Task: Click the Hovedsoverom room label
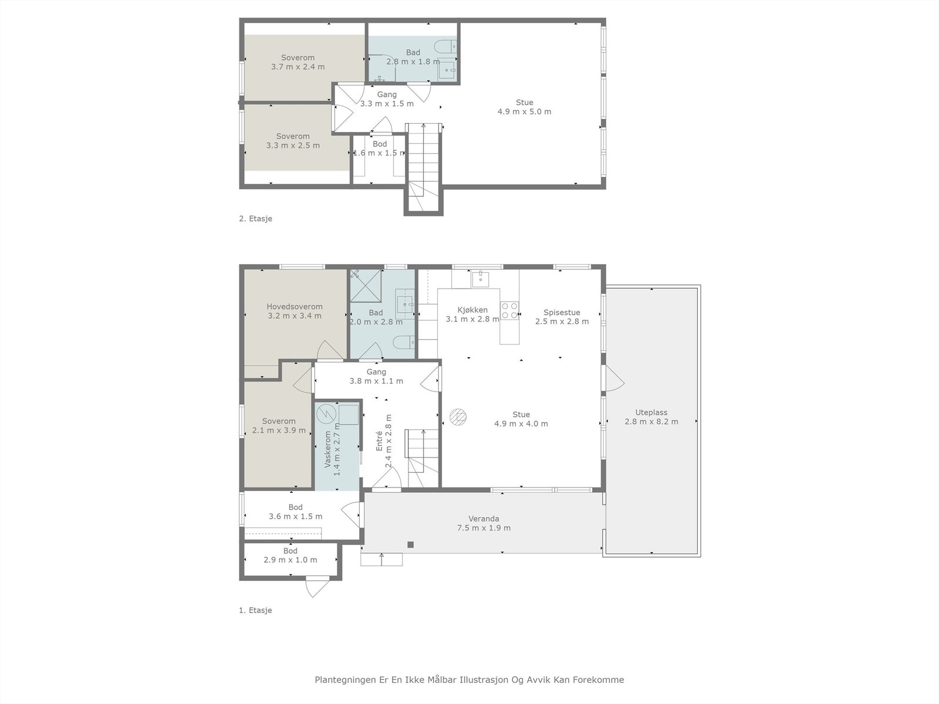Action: (x=295, y=306)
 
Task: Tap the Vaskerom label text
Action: (x=327, y=449)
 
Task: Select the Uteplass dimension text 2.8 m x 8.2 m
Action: (x=651, y=421)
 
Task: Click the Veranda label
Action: (x=484, y=519)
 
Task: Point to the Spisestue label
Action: (x=562, y=312)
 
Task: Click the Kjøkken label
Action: (x=472, y=310)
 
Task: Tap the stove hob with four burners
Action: (x=509, y=310)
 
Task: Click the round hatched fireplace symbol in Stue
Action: (x=458, y=417)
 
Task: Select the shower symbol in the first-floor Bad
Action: (x=366, y=286)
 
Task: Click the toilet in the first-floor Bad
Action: (x=404, y=342)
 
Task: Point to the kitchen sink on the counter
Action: (x=481, y=279)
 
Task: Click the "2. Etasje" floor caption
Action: (x=255, y=218)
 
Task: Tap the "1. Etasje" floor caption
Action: (x=255, y=610)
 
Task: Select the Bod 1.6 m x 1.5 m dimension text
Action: (x=380, y=153)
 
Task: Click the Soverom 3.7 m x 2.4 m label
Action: (x=298, y=62)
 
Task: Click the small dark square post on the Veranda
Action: (x=411, y=544)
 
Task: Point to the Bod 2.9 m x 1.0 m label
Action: (x=290, y=555)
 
